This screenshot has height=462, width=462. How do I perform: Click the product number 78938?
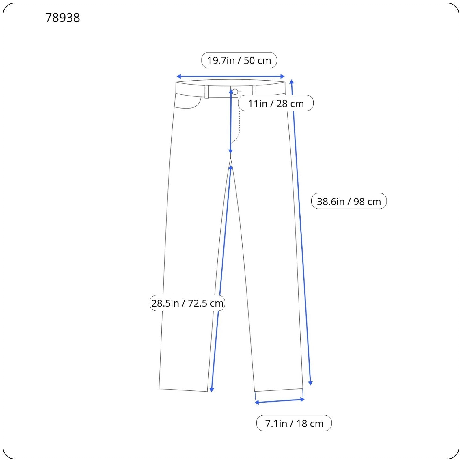(x=62, y=18)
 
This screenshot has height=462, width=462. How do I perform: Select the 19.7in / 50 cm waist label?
(x=239, y=60)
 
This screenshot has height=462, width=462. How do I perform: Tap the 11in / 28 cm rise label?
(x=276, y=103)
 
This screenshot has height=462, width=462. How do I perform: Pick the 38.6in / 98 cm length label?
(x=349, y=201)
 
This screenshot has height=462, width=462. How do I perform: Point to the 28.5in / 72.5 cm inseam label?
(x=187, y=303)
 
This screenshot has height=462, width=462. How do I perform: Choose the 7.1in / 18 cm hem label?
(x=294, y=423)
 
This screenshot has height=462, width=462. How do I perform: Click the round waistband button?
(x=235, y=92)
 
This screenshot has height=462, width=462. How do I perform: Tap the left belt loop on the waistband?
(x=207, y=92)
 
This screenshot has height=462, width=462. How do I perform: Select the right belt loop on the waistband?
(x=254, y=90)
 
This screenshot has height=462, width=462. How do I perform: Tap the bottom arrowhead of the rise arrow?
(x=230, y=152)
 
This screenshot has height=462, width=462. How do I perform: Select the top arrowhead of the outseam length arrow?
(x=292, y=82)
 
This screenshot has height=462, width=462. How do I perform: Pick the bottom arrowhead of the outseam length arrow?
(x=310, y=383)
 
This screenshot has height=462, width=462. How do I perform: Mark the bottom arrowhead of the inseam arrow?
(x=212, y=390)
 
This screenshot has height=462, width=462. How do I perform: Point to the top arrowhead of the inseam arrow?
(x=230, y=168)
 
